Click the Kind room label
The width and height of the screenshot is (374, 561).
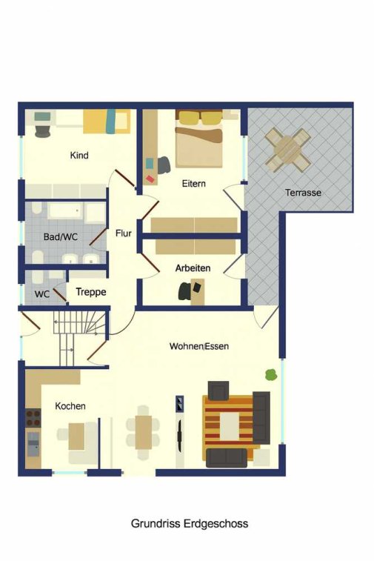pyautogui.click(x=79, y=156)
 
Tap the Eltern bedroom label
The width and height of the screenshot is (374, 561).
pyautogui.click(x=194, y=184)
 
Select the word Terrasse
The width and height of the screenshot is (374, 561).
pyautogui.click(x=303, y=193)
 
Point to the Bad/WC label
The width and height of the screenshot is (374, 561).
pyautogui.click(x=61, y=237)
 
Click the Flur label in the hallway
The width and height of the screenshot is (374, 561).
pyautogui.click(x=124, y=233)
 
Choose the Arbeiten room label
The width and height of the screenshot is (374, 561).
pyautogui.click(x=193, y=268)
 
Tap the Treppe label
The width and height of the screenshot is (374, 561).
pyautogui.click(x=91, y=292)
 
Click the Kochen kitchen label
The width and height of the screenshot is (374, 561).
pyautogui.click(x=70, y=406)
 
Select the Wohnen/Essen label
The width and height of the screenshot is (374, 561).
pyautogui.click(x=199, y=346)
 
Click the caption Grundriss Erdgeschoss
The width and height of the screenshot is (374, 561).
pyautogui.click(x=190, y=524)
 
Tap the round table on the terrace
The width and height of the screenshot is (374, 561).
pyautogui.click(x=287, y=150)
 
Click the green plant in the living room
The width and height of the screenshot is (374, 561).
pyautogui.click(x=271, y=374)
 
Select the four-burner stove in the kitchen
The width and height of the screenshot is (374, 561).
pyautogui.click(x=33, y=418)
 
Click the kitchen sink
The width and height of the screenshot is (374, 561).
pyautogui.click(x=33, y=444)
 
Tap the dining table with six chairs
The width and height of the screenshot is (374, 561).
pyautogui.click(x=143, y=432)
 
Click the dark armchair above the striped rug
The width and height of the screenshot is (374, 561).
pyautogui.click(x=218, y=391)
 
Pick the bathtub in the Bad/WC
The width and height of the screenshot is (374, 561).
pyautogui.click(x=64, y=210)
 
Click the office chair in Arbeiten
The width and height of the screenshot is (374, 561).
pyautogui.click(x=185, y=291)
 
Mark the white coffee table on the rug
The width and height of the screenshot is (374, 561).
pyautogui.click(x=229, y=426)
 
